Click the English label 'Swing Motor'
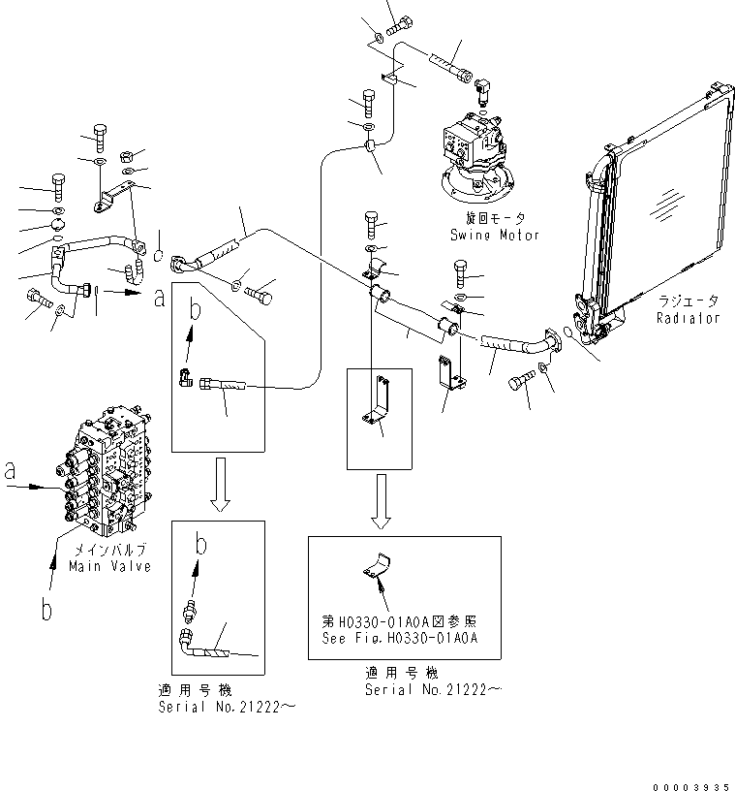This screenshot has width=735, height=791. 494,235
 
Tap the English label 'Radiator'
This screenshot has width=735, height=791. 688,318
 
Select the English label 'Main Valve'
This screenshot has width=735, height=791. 109,566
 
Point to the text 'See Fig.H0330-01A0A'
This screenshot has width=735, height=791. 400,637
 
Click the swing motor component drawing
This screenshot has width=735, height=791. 475,160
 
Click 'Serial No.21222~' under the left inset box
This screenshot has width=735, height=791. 227,708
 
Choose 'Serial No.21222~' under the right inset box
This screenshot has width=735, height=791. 434,689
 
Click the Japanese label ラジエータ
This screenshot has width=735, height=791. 688,301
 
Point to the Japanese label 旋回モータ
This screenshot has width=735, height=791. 494,219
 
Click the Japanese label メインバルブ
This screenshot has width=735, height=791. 109,551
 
